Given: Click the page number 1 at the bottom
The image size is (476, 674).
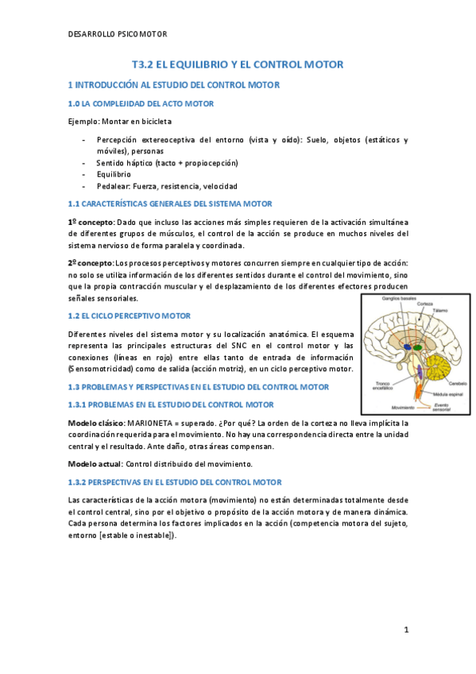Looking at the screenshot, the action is pos(406,629).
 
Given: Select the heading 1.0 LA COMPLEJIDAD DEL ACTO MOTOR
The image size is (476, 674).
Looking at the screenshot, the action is pos(141,103).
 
